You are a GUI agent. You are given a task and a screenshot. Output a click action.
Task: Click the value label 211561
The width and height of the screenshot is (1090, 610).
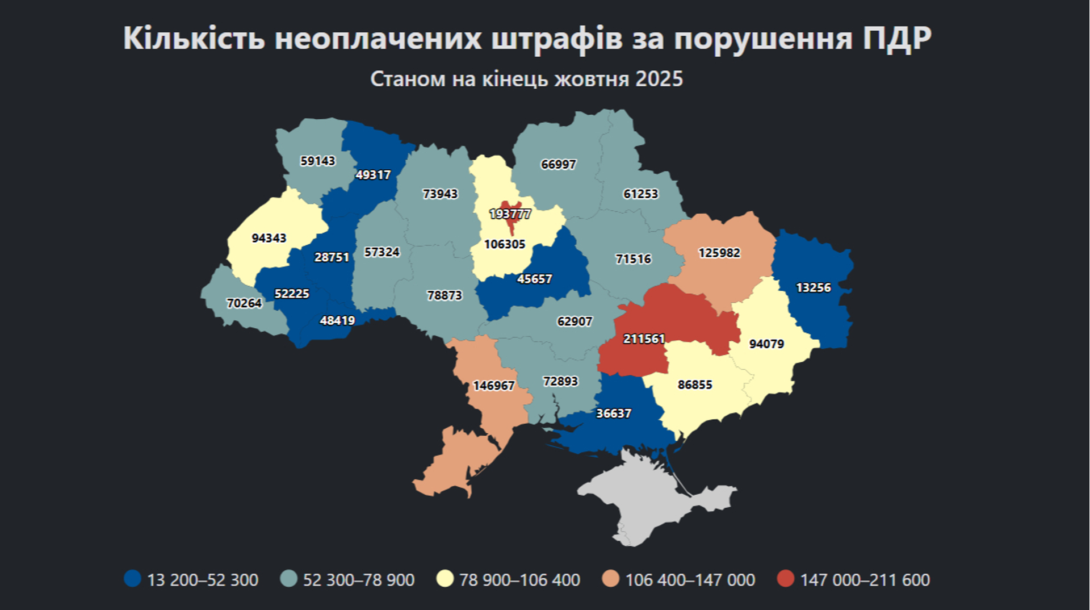[x=644, y=339]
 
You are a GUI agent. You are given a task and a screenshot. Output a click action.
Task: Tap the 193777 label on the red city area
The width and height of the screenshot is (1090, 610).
[x=510, y=214]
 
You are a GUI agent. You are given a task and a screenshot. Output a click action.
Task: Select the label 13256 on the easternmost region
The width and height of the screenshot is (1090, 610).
[x=813, y=288]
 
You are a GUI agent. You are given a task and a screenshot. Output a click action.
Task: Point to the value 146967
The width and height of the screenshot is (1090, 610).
[x=493, y=386]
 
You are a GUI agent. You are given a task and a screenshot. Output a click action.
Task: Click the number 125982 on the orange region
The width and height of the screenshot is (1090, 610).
[x=719, y=253]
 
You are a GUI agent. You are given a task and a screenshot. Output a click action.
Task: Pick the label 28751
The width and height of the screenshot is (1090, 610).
[x=332, y=257]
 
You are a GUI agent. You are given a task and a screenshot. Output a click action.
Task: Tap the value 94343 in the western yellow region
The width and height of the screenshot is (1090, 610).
[x=269, y=238]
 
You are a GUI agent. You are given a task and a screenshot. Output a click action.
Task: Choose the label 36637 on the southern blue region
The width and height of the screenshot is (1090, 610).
[x=613, y=413]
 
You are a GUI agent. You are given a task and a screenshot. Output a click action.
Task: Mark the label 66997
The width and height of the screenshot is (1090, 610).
[x=558, y=164]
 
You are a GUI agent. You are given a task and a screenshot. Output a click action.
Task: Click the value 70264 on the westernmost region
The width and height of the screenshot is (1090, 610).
[x=244, y=303]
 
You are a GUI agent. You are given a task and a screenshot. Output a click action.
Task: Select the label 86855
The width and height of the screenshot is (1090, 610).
[x=694, y=385]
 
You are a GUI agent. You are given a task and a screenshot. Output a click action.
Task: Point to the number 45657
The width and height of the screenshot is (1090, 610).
[x=534, y=279]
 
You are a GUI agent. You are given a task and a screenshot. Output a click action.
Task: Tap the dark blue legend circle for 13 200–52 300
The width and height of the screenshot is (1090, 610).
[x=132, y=579]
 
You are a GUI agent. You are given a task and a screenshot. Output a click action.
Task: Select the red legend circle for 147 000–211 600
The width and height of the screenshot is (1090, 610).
[x=785, y=579]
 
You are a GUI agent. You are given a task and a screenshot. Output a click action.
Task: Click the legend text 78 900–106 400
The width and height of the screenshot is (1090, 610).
[x=519, y=580]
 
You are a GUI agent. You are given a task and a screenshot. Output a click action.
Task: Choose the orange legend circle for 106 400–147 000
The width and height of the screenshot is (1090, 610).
[x=610, y=579]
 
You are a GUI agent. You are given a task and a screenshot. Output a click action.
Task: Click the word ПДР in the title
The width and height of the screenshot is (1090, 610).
[x=897, y=39]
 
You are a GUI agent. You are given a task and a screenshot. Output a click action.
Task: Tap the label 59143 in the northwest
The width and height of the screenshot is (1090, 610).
[x=317, y=161]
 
